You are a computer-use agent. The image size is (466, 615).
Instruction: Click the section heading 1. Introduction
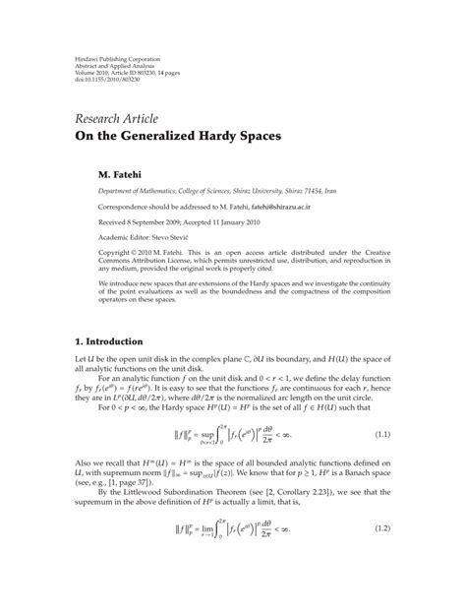[110, 341]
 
